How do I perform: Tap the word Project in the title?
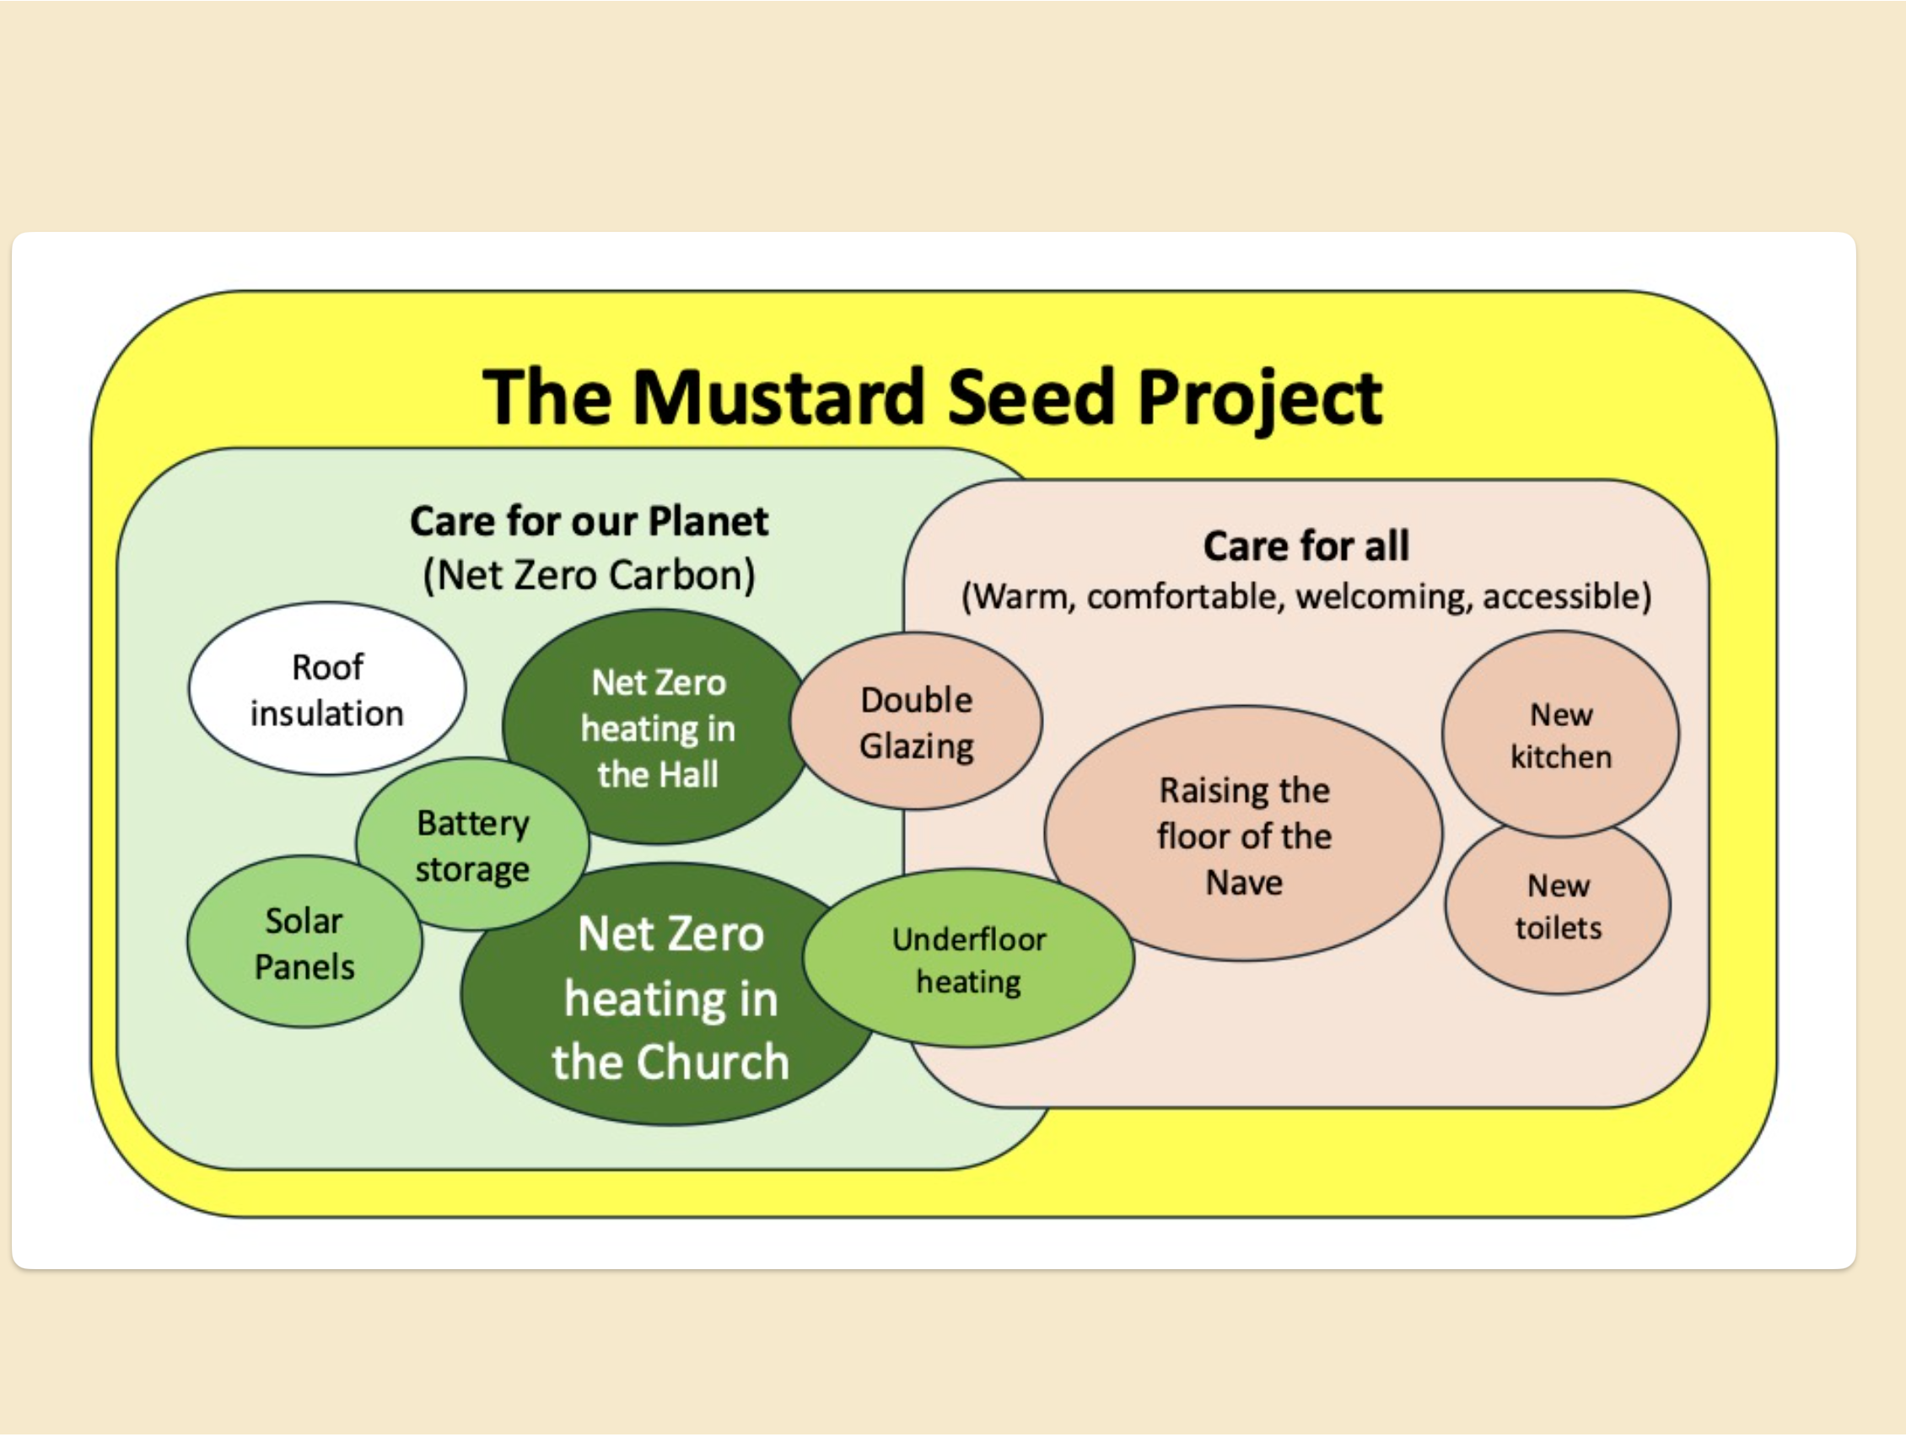click(1260, 399)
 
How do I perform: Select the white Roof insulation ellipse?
click(326, 689)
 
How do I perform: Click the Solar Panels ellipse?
click(304, 944)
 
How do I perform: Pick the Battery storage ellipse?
click(472, 845)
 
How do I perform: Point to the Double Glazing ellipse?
click(916, 722)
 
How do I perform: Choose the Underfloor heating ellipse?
click(968, 960)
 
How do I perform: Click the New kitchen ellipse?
click(1560, 735)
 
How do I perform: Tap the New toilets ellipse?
click(1558, 907)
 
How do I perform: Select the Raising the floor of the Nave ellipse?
click(1243, 835)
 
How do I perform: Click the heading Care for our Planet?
click(589, 521)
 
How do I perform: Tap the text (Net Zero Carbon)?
click(589, 575)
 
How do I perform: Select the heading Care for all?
click(1306, 546)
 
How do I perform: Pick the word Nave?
click(1243, 882)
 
